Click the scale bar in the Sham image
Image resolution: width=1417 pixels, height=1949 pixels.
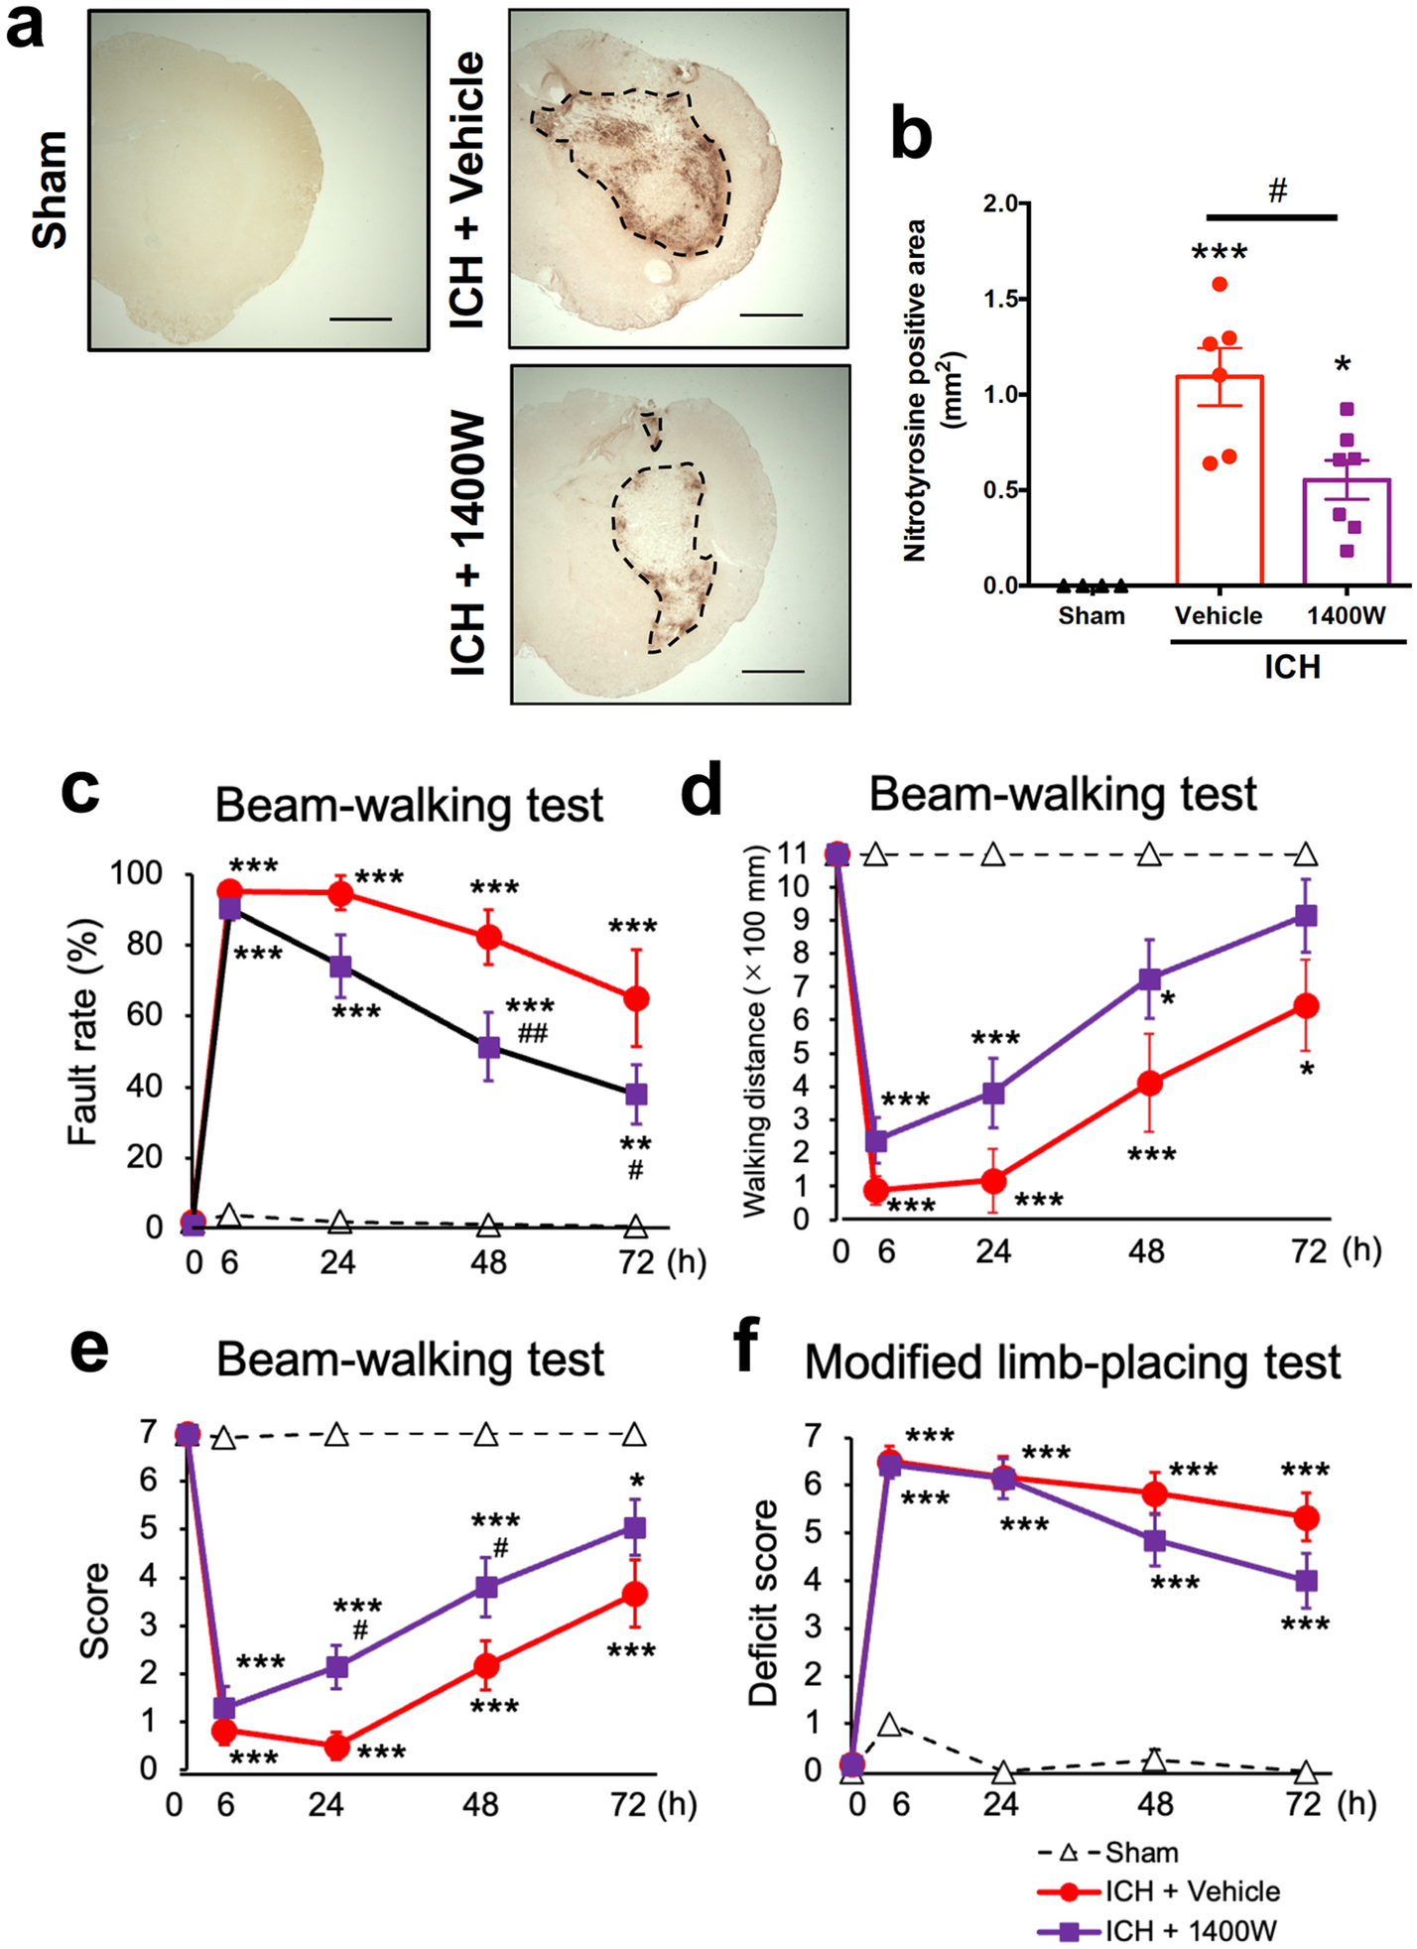(359, 320)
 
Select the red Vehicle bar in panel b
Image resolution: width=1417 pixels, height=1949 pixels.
(1219, 480)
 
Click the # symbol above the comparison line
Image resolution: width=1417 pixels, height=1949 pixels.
(1277, 191)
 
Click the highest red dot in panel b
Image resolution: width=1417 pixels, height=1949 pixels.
(1220, 285)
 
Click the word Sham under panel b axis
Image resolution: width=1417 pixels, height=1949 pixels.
(1091, 616)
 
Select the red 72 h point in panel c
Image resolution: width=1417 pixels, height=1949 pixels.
(636, 998)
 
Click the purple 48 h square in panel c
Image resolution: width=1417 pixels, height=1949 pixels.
(489, 1047)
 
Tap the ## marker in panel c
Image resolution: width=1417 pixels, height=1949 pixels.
(532, 1035)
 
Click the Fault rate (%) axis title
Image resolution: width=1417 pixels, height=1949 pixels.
(83, 1032)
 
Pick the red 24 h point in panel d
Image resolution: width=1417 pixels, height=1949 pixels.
(993, 1181)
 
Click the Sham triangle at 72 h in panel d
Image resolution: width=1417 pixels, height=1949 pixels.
(1306, 854)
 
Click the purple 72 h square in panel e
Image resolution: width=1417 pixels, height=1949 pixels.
(634, 1527)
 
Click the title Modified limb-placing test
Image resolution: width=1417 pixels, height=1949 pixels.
(1072, 1363)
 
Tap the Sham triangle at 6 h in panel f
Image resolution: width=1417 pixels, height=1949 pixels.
(890, 1726)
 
